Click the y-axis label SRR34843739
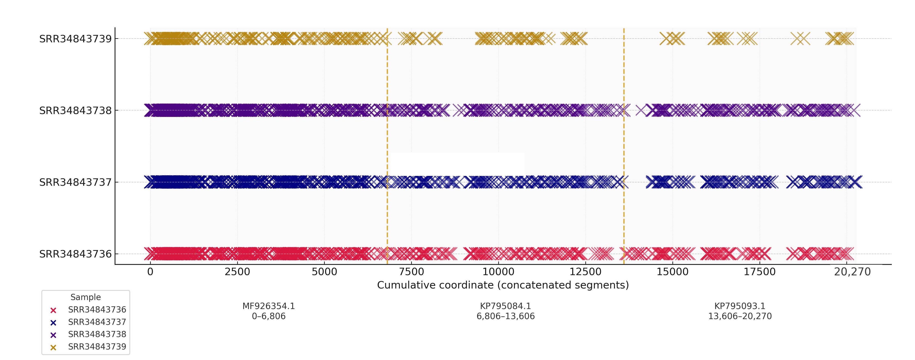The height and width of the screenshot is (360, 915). pyautogui.click(x=75, y=39)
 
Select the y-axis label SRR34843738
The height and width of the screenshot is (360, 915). pyautogui.click(x=75, y=111)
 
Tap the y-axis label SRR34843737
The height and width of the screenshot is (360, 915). pyautogui.click(x=75, y=182)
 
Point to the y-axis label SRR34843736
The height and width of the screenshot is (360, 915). pyautogui.click(x=75, y=254)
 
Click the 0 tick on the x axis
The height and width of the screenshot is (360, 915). pyautogui.click(x=150, y=272)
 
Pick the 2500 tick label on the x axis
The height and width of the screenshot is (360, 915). pyautogui.click(x=237, y=272)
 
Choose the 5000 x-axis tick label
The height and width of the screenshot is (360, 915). pyautogui.click(x=324, y=272)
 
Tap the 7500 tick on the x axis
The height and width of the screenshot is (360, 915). pyautogui.click(x=411, y=272)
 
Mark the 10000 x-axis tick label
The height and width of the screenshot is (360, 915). pyautogui.click(x=498, y=272)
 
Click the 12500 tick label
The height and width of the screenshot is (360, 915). pyautogui.click(x=585, y=272)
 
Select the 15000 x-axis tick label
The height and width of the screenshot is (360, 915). pyautogui.click(x=672, y=272)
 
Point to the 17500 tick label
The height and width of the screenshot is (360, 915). pyautogui.click(x=760, y=272)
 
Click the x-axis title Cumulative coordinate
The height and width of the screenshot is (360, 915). pyautogui.click(x=503, y=285)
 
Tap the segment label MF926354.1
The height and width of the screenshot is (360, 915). pyautogui.click(x=268, y=306)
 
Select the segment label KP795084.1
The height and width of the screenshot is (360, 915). pyautogui.click(x=505, y=306)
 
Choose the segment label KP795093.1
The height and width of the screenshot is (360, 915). pyautogui.click(x=740, y=306)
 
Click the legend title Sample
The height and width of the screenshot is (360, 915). pyautogui.click(x=86, y=297)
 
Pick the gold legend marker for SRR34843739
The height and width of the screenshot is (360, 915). pyautogui.click(x=53, y=347)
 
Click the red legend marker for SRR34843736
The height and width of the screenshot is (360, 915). pyautogui.click(x=53, y=310)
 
